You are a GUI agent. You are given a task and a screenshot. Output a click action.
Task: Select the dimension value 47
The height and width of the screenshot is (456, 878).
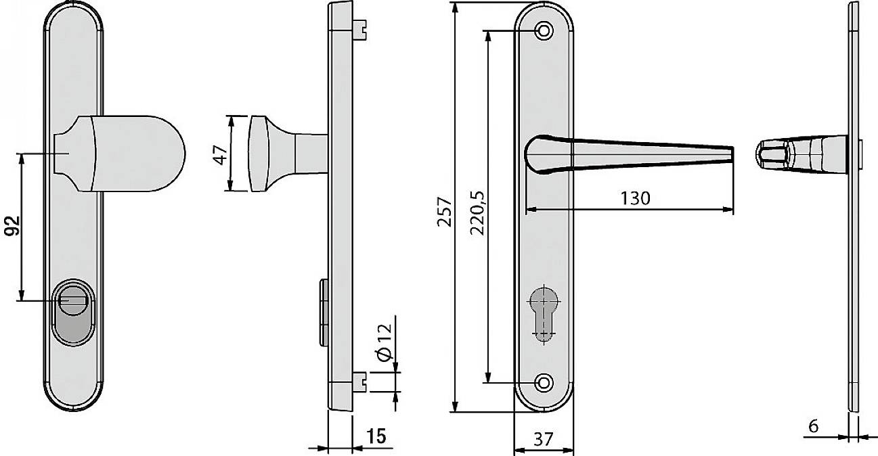[x=219, y=154]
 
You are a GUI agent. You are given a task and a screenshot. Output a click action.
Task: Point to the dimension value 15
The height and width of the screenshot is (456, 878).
[x=377, y=436]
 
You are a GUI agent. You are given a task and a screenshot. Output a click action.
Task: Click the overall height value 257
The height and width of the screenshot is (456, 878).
[x=443, y=212]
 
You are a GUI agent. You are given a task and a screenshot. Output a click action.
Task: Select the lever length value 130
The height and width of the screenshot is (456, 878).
[x=634, y=198]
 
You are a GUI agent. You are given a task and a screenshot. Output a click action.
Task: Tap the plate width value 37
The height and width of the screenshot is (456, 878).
[x=543, y=440]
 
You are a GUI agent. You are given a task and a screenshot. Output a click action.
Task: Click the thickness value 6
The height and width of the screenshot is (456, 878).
[x=813, y=426]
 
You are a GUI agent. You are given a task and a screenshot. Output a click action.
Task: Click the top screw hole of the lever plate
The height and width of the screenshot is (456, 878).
[x=543, y=31]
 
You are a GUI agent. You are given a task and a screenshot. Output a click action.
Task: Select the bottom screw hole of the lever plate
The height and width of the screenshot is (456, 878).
[x=543, y=382]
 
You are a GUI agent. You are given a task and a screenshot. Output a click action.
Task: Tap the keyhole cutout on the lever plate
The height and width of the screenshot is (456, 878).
[x=543, y=311]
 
